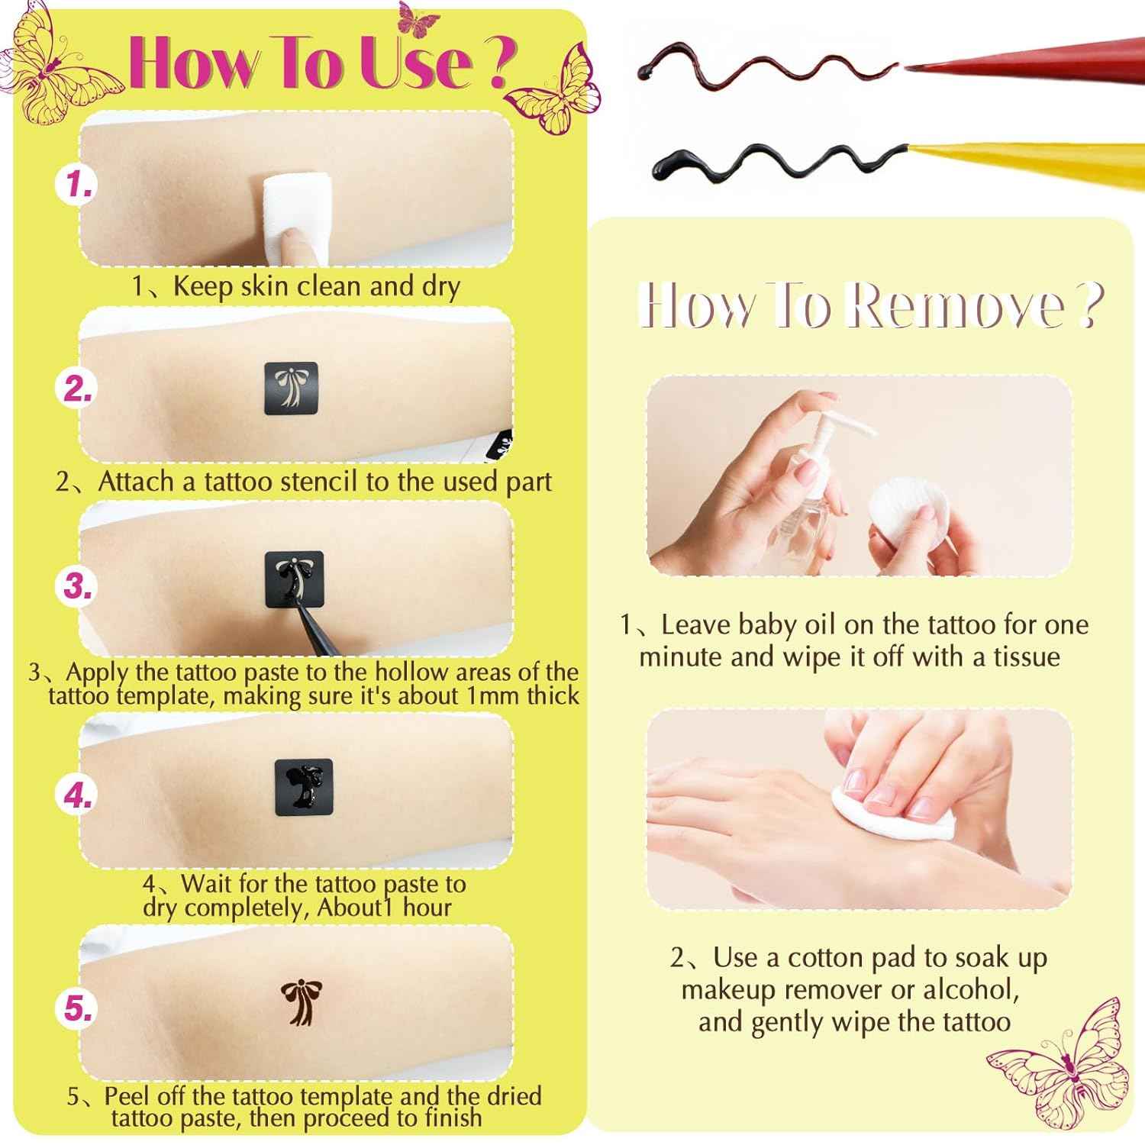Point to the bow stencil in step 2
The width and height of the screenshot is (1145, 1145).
(291, 389)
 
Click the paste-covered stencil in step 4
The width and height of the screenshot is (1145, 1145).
(304, 787)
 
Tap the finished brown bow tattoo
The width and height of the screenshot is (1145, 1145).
(301, 1001)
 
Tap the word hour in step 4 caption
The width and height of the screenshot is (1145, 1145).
(427, 908)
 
